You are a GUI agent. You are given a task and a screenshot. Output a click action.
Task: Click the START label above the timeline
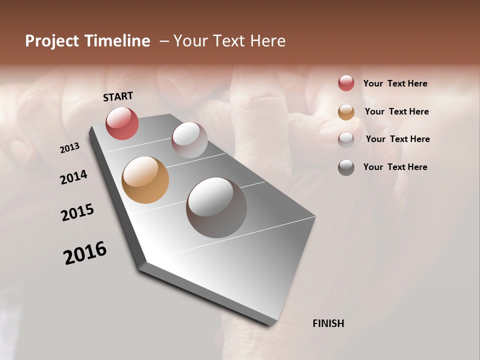(x=118, y=96)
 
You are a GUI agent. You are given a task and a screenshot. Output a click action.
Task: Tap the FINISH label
(x=328, y=323)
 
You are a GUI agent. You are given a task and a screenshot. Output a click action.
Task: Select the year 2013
(x=69, y=148)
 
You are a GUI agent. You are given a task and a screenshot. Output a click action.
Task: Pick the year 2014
(x=73, y=177)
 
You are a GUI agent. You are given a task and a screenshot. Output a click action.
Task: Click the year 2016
(x=85, y=253)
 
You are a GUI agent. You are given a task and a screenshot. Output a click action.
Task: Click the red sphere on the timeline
(x=122, y=123)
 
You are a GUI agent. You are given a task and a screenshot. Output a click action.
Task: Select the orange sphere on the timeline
(x=145, y=180)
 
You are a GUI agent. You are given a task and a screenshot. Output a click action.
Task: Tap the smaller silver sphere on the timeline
(x=189, y=140)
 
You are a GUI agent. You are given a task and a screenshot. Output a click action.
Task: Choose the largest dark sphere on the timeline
(x=216, y=207)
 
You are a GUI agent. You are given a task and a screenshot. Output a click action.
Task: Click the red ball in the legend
(x=346, y=83)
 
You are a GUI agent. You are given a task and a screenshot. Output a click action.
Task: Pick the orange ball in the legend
(x=346, y=112)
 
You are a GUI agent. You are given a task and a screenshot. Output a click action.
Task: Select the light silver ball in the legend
(x=346, y=139)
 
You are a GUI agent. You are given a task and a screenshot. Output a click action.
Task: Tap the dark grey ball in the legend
(x=346, y=167)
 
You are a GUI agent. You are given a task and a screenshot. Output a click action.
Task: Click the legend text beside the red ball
(x=395, y=83)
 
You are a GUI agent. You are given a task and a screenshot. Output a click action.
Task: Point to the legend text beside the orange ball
(x=396, y=111)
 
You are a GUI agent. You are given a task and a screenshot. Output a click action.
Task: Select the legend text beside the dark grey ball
(x=395, y=167)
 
